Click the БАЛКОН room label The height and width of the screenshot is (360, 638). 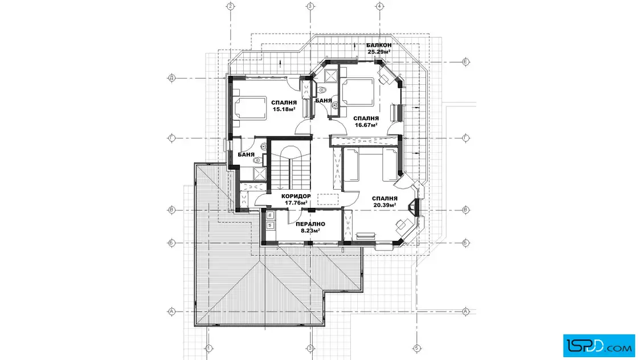(x=379, y=45)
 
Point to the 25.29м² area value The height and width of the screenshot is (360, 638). (x=379, y=52)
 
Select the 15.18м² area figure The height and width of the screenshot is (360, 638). (x=284, y=109)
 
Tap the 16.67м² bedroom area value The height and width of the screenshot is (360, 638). (x=366, y=125)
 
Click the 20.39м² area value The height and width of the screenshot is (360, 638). (x=385, y=205)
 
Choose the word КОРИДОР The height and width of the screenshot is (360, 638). (x=296, y=196)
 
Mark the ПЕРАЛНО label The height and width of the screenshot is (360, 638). (x=310, y=224)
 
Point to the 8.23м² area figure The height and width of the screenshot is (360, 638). (x=310, y=231)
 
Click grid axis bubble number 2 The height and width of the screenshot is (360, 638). (x=231, y=6)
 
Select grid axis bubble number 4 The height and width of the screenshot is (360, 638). (x=379, y=6)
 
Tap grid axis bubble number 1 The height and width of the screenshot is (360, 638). (x=208, y=348)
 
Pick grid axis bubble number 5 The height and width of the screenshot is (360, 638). (x=416, y=348)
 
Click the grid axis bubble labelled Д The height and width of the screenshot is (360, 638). (x=171, y=78)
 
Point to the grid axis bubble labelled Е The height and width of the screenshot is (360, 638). (x=466, y=62)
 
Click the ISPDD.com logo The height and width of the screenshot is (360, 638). (x=599, y=345)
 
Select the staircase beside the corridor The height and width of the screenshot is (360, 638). (x=291, y=166)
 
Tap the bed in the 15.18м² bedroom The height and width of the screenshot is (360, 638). (x=250, y=108)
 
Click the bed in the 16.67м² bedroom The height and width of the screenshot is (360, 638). (x=358, y=92)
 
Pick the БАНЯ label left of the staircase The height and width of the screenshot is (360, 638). (x=246, y=154)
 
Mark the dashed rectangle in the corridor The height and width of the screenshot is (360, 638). (x=328, y=199)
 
